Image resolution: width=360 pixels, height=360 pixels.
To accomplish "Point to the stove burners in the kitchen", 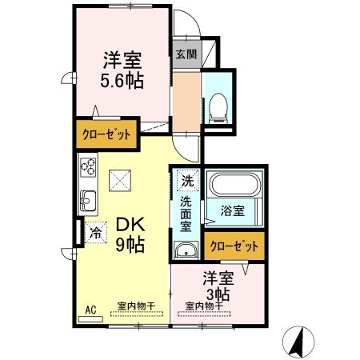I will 88,170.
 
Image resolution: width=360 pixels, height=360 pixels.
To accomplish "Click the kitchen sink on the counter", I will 87,201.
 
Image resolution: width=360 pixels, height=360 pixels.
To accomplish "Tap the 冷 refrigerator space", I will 94,233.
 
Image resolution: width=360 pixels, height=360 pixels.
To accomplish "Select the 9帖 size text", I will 128,246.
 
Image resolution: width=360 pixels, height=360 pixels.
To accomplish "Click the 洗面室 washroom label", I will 186,214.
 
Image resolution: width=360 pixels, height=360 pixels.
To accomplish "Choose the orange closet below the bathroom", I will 234,246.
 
